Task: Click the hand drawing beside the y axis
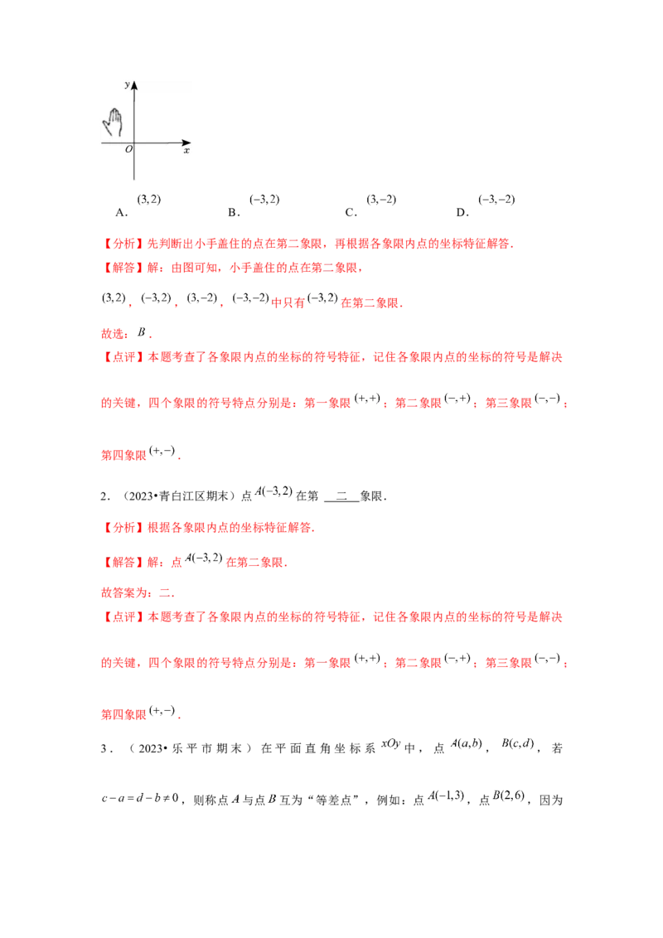(113, 122)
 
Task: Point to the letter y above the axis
(126, 85)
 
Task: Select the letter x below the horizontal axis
(186, 151)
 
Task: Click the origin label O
(128, 149)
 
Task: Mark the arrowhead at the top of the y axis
(134, 85)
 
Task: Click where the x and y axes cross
(134, 143)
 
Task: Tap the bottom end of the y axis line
(134, 179)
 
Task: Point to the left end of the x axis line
(103, 143)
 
